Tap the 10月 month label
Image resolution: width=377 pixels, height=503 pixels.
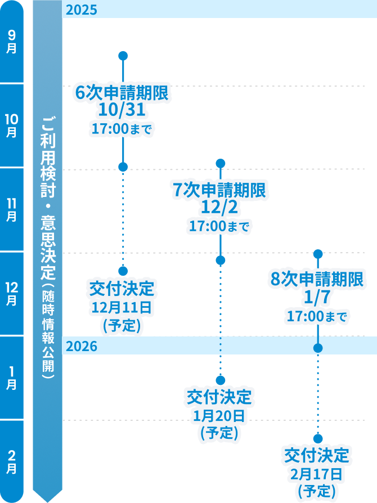tap(12, 125)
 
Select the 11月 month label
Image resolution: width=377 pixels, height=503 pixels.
tap(12, 209)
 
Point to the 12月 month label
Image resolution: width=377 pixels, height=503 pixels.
tap(12, 293)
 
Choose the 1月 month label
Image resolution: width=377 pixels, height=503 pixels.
tap(12, 377)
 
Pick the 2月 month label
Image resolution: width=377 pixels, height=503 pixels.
tap(12, 461)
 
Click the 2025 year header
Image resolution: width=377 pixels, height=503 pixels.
tap(82, 10)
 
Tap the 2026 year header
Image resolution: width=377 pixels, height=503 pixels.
tap(82, 346)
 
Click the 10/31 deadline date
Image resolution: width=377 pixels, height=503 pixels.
tap(122, 111)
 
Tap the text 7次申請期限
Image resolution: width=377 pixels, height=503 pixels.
tap(219, 190)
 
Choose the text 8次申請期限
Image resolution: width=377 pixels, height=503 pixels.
tap(317, 280)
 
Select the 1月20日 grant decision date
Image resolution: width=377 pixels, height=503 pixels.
tap(219, 416)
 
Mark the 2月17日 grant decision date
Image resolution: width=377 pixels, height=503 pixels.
tap(317, 473)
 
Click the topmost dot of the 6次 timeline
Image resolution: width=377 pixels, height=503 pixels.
tap(123, 56)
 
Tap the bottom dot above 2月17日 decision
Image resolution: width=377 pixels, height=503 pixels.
tap(318, 438)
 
